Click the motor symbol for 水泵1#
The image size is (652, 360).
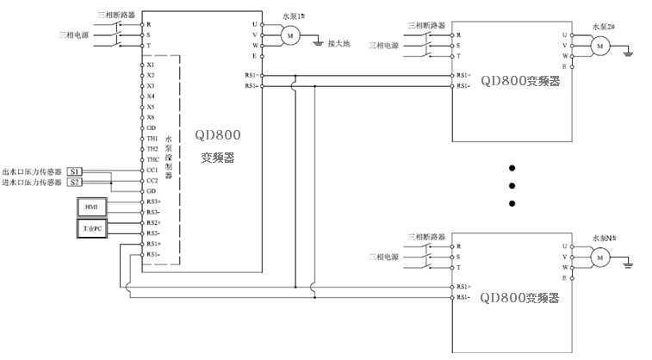click(290, 34)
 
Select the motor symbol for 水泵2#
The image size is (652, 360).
click(599, 45)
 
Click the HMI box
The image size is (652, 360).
click(91, 208)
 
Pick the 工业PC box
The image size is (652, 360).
click(91, 227)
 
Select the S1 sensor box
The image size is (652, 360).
click(75, 171)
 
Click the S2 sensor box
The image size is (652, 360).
click(75, 182)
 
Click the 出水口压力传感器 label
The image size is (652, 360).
click(34, 171)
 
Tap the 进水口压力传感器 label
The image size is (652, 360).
click(34, 182)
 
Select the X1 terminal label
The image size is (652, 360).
click(151, 65)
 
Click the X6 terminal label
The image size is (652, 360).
click(151, 117)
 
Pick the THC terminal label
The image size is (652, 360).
click(152, 159)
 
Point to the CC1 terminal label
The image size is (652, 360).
click(152, 171)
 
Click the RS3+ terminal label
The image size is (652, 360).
click(152, 202)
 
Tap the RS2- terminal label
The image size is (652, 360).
click(152, 233)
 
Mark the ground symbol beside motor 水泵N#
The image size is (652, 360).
click(631, 266)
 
